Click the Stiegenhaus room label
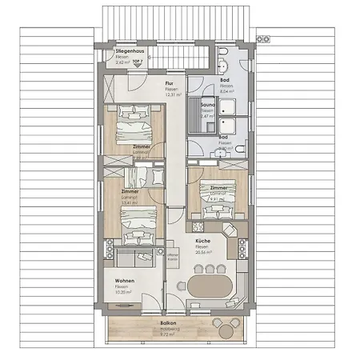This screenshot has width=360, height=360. pos(129,51)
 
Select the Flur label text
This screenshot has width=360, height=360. pos(169,82)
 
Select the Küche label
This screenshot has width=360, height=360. pos(202,241)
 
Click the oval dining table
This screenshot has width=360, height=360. pos(211,288)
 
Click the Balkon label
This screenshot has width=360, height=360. pos(168,323)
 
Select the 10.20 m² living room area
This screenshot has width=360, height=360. pos(124,292)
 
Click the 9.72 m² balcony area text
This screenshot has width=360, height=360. pos(168,334)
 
